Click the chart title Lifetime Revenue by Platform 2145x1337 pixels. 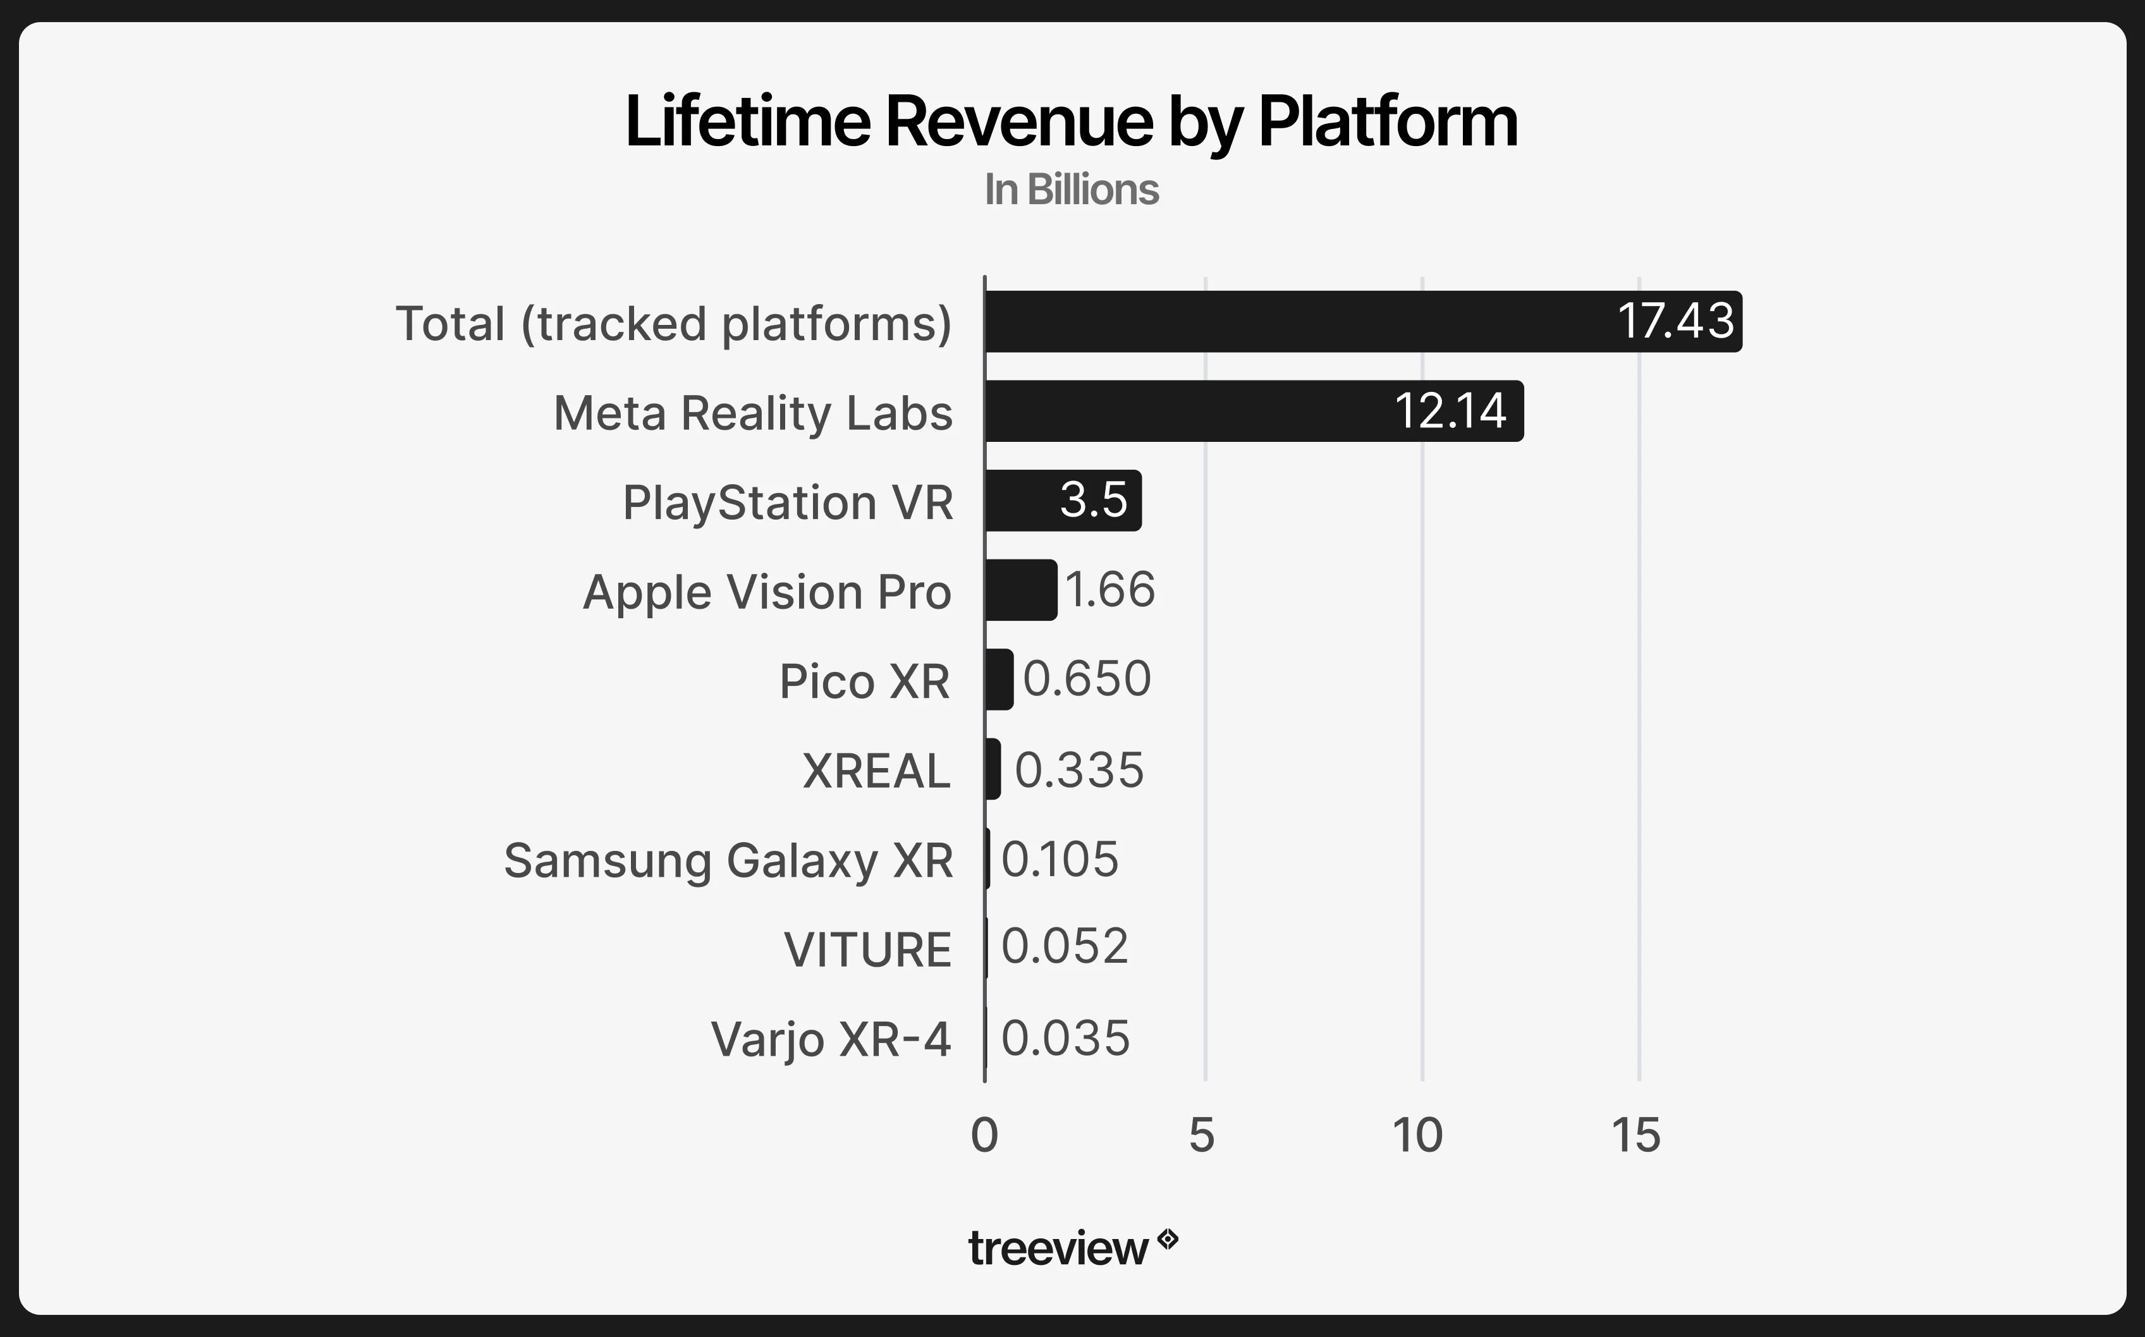point(1071,121)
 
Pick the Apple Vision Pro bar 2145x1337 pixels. point(1020,590)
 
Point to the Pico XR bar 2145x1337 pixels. point(999,679)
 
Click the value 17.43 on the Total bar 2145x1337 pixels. point(1675,321)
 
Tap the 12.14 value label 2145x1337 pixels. point(1450,411)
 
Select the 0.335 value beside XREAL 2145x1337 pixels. point(1079,769)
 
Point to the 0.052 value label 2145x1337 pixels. point(1065,946)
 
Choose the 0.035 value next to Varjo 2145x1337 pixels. point(1065,1038)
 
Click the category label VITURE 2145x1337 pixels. point(867,949)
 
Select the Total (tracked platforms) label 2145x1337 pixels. point(673,324)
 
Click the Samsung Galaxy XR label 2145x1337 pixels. point(728,860)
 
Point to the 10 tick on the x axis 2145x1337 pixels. point(1417,1135)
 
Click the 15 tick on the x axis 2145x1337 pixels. point(1635,1135)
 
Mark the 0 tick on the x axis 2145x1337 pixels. point(984,1135)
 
